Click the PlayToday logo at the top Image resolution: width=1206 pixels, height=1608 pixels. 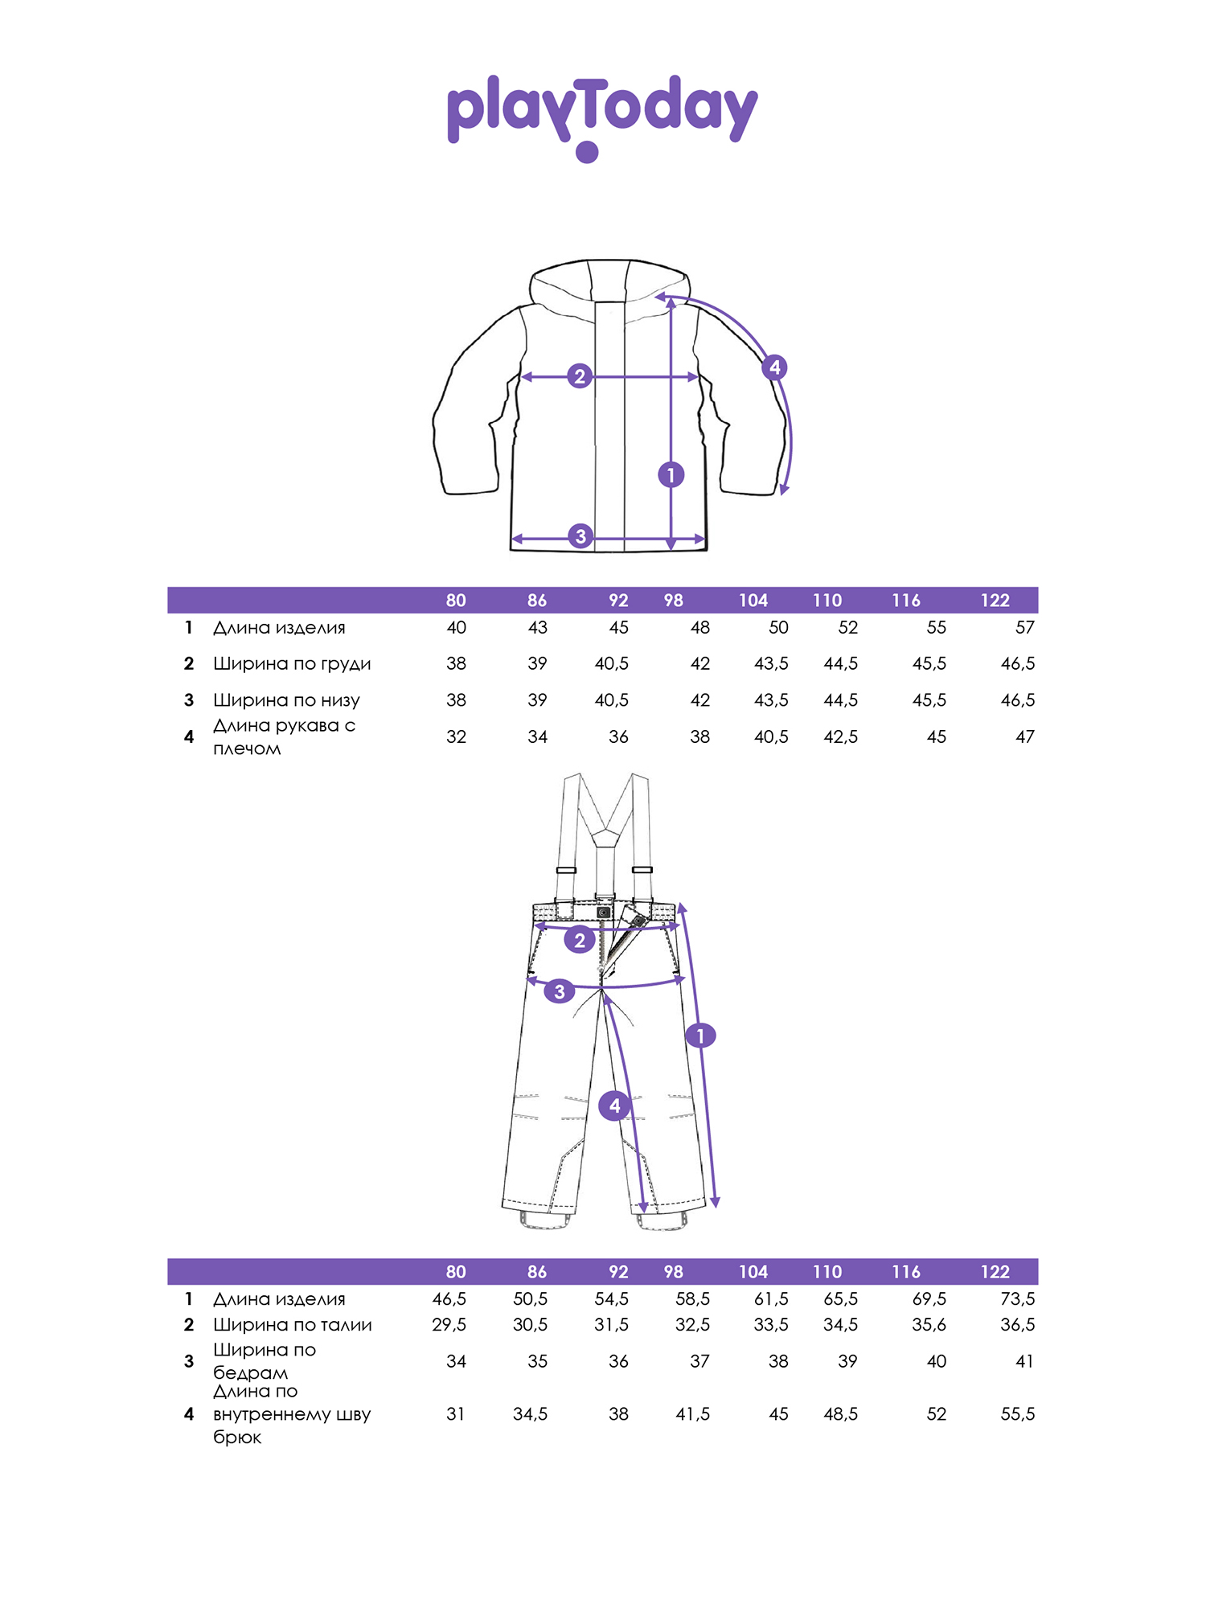[602, 117]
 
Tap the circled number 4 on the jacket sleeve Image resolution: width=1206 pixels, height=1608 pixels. [774, 367]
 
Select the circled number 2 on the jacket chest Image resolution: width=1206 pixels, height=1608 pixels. [580, 376]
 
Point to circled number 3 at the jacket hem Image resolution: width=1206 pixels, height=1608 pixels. [580, 536]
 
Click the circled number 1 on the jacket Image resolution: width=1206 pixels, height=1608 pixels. [671, 475]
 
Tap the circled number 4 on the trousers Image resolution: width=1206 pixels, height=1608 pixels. [615, 1105]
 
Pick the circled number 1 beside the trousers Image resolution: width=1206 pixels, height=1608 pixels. [700, 1036]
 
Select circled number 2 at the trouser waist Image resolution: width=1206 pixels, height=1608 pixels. [580, 940]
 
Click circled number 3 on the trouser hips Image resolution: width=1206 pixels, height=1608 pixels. [560, 991]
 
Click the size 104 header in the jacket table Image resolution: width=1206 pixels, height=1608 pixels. [753, 601]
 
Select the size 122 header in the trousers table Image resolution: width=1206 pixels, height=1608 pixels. [995, 1272]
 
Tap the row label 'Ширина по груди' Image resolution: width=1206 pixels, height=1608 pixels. [292, 664]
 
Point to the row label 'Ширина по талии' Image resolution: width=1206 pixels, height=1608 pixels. [293, 1325]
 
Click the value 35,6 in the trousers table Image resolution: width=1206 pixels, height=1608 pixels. [929, 1325]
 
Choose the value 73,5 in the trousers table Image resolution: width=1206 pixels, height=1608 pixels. [1017, 1299]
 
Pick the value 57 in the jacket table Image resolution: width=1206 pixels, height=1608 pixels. [1025, 628]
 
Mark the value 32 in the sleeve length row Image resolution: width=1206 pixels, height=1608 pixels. [456, 737]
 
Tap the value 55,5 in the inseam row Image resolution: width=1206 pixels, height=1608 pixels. [1017, 1414]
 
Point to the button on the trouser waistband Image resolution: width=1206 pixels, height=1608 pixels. [604, 913]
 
